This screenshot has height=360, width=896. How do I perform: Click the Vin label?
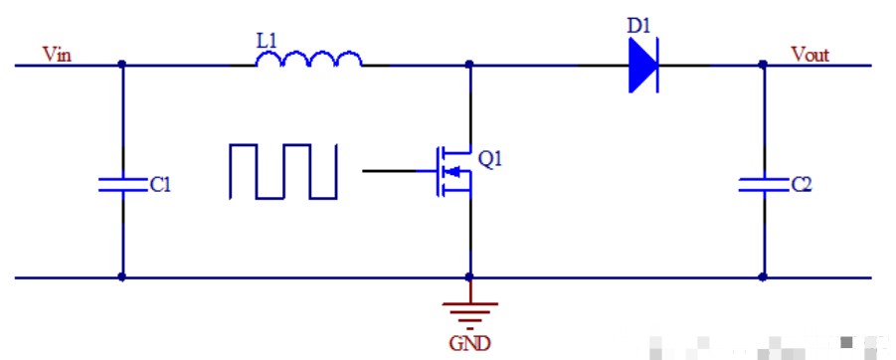point(57,53)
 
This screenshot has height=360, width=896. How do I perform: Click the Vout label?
point(809,53)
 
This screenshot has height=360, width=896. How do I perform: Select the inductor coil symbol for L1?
point(309,61)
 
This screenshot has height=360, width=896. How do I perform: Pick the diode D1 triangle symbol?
point(643,68)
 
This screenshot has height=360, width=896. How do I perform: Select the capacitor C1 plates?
point(121,184)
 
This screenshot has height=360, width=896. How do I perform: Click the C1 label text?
point(159,185)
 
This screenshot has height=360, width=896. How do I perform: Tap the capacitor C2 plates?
point(763,184)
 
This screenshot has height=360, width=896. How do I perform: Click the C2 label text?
point(801,185)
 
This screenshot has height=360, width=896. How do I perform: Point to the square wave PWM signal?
point(283,171)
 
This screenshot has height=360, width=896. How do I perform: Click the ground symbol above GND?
point(469,310)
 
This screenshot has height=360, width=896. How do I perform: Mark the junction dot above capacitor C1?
point(121,66)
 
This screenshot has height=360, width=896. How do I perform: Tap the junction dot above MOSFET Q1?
point(469,66)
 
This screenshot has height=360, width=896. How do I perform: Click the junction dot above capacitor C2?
point(763,66)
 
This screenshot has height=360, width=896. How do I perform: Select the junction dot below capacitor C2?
point(763,277)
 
